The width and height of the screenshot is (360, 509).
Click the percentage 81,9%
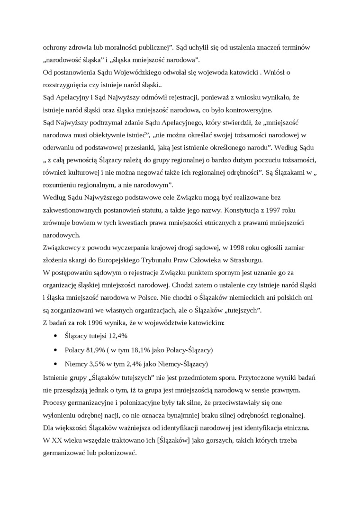(98, 350)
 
